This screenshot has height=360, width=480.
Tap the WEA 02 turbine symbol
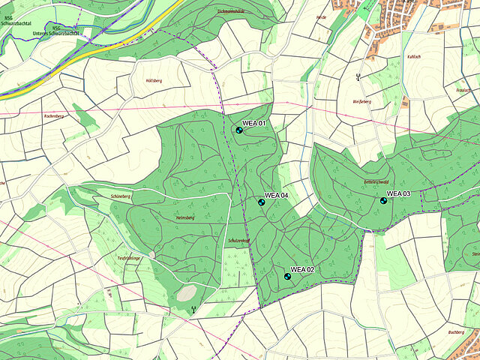287,277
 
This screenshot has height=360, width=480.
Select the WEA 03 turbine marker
383,201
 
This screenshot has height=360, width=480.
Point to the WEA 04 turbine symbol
262,202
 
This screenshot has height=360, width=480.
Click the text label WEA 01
255,122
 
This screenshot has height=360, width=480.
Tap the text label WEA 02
302,268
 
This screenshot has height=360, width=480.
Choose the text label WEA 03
399,194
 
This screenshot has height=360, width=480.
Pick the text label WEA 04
277,195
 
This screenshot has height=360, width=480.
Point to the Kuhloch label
413,56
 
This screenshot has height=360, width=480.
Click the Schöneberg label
121,196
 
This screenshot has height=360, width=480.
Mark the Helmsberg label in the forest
184,217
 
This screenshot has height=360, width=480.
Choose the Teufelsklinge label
129,257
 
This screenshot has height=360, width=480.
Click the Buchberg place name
456,331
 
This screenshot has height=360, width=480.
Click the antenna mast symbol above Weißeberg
358,76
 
